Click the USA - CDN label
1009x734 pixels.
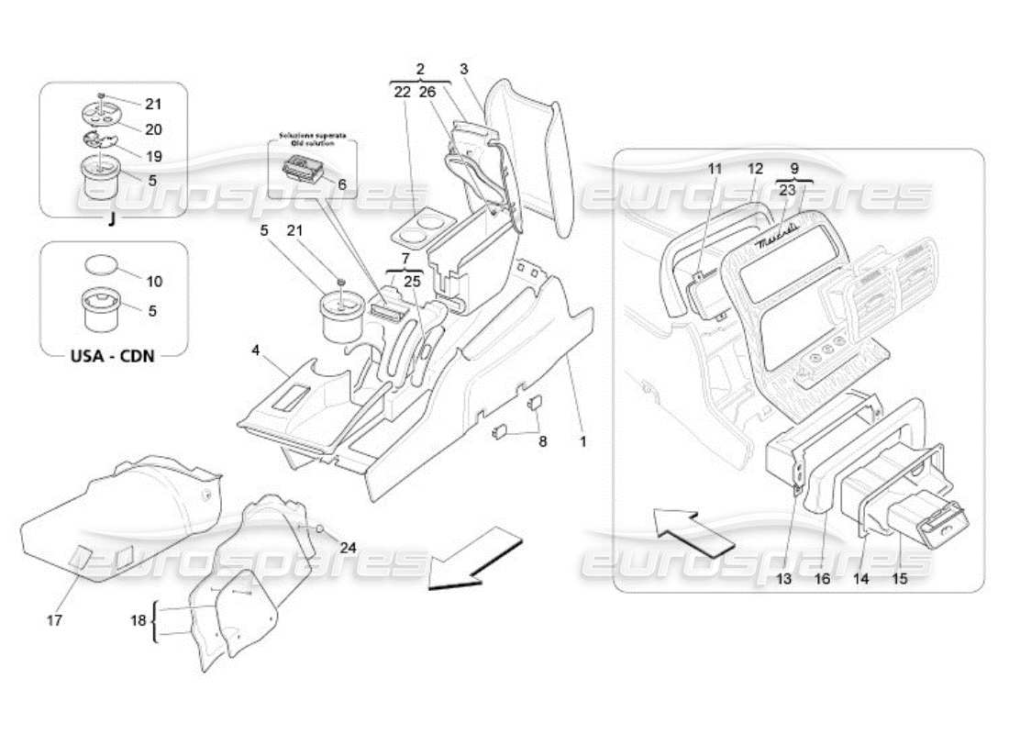coord(113,355)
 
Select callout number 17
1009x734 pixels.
coord(54,621)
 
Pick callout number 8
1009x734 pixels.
coord(542,441)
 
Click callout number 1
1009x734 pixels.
coord(582,441)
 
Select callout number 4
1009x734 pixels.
coord(256,350)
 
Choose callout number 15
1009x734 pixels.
coord(900,579)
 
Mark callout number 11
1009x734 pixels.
coord(715,169)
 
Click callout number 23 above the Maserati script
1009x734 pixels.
coord(788,191)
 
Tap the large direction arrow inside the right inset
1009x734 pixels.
coord(693,532)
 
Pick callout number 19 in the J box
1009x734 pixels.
coord(152,155)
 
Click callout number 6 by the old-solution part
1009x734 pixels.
coord(343,184)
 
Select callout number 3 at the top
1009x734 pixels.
coord(464,69)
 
